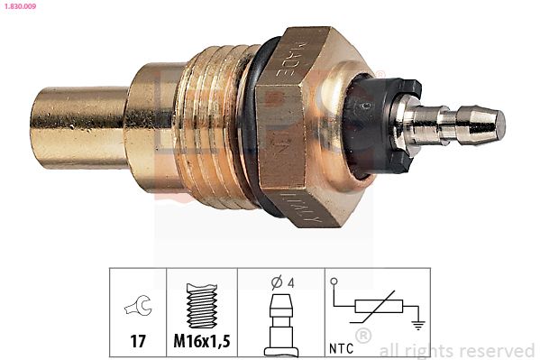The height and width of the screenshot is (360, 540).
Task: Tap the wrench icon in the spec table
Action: coord(138,308)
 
